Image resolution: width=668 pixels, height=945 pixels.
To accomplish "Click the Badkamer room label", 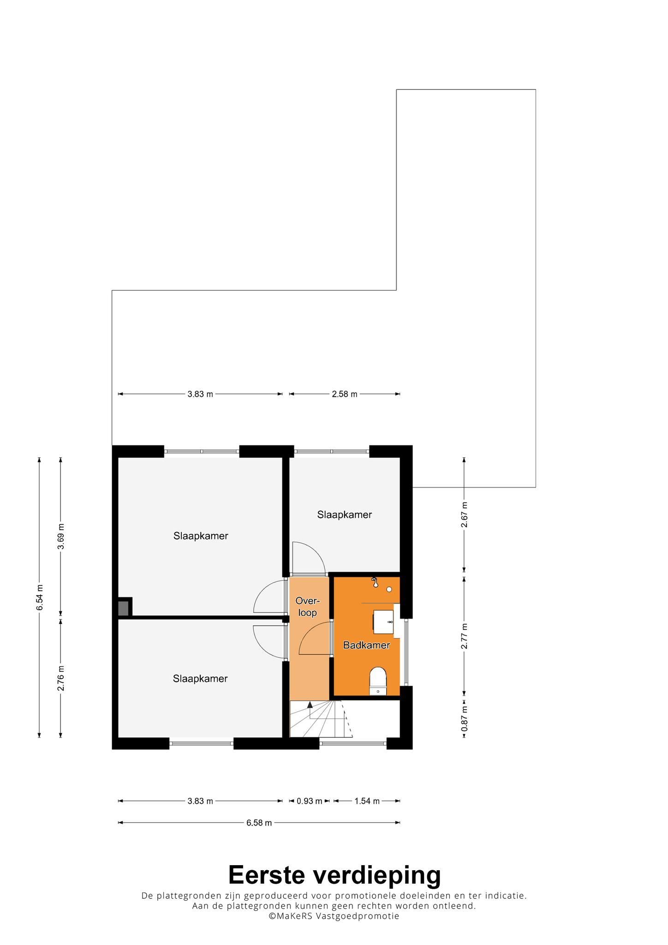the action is pyautogui.click(x=366, y=645).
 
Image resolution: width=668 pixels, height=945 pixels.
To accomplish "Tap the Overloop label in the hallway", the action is pyautogui.click(x=308, y=607).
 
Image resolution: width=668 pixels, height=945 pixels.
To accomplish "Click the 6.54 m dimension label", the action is pyautogui.click(x=40, y=597).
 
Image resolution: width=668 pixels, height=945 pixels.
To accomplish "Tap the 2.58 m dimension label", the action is pyautogui.click(x=345, y=394).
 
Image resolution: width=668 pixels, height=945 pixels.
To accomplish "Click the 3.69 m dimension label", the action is pyautogui.click(x=61, y=537).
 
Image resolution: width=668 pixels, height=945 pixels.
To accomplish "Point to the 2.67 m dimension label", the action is pyautogui.click(x=465, y=514).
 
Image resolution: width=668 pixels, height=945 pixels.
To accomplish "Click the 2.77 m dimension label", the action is pyautogui.click(x=465, y=636).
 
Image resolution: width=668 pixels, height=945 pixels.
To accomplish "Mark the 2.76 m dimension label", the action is pyautogui.click(x=61, y=678).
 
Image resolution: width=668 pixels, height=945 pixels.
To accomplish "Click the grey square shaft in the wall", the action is pyautogui.click(x=123, y=608).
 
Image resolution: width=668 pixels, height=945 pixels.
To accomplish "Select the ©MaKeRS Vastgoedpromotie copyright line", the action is pyautogui.click(x=334, y=916).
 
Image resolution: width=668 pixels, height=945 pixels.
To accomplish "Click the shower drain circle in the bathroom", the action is pyautogui.click(x=389, y=589).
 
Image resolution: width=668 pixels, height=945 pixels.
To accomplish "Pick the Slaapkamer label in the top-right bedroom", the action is pyautogui.click(x=345, y=514).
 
